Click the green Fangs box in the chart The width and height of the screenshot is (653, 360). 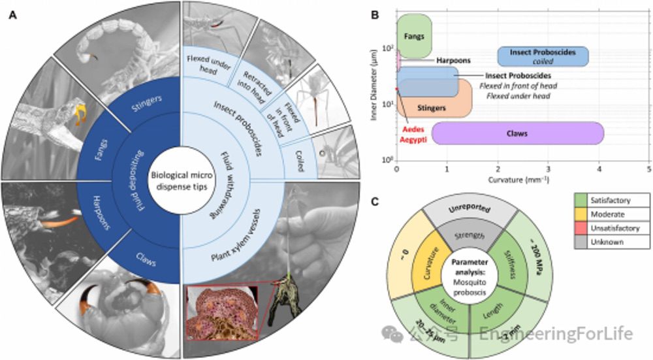click(412, 36)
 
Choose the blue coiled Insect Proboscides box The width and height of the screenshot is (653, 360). click(543, 56)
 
